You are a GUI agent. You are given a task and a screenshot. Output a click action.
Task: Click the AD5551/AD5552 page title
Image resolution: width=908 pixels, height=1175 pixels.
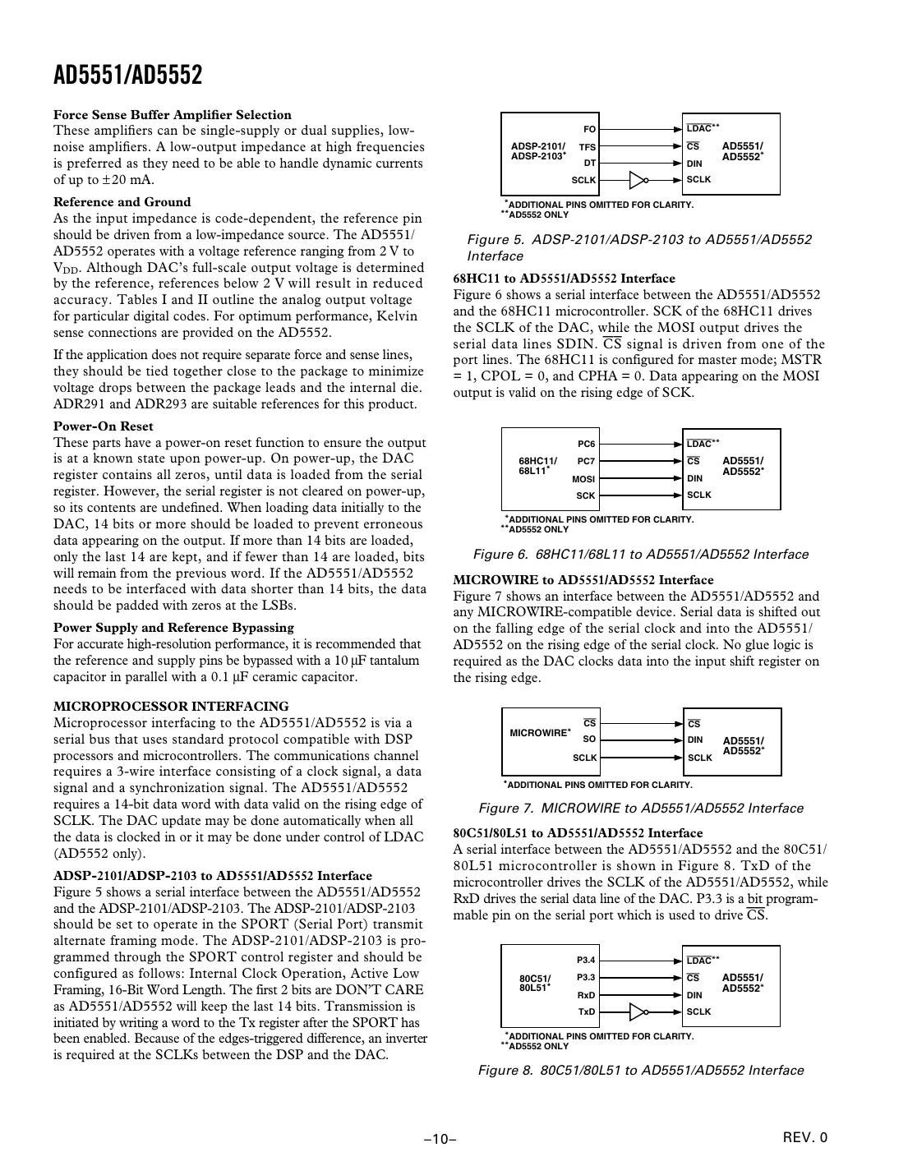point(127,76)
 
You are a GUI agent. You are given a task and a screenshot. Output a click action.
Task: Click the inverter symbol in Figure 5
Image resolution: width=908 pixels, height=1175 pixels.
point(638,180)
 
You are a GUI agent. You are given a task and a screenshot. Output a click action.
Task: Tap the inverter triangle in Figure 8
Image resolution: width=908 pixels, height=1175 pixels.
point(638,1011)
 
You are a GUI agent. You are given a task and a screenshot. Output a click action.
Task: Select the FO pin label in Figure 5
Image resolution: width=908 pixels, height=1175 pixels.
point(589,129)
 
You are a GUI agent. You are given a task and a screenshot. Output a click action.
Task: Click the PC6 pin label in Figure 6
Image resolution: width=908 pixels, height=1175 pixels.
point(587,445)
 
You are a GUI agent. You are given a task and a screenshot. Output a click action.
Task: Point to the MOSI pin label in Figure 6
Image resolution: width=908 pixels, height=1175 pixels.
point(583,479)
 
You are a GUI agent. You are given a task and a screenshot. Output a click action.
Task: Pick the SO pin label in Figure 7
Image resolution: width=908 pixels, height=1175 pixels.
point(589,740)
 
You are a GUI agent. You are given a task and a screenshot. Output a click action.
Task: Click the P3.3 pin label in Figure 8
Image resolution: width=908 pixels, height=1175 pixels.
point(586,977)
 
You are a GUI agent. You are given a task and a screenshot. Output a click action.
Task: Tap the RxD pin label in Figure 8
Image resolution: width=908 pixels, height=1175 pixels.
point(586,995)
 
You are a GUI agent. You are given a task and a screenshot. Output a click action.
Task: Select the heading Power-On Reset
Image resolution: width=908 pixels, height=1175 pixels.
point(103,426)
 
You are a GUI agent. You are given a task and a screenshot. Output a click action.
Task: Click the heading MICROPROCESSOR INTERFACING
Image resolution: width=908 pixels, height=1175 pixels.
point(171,707)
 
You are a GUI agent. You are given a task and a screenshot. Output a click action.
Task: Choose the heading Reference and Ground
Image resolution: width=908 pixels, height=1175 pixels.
point(122,202)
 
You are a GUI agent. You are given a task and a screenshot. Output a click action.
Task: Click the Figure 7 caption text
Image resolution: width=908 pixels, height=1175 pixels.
point(641,809)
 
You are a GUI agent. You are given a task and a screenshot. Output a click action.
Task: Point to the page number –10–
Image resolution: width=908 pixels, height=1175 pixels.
point(440,1139)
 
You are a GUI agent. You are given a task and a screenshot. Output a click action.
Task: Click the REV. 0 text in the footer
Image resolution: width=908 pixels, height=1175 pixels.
point(805,1138)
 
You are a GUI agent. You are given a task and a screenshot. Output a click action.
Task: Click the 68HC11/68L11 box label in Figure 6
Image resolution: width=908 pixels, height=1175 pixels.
point(537,466)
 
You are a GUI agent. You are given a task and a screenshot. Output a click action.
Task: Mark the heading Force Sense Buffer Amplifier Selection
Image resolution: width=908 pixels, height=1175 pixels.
point(173,115)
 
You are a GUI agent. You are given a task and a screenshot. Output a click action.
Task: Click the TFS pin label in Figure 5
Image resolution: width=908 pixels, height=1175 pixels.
point(587,147)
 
